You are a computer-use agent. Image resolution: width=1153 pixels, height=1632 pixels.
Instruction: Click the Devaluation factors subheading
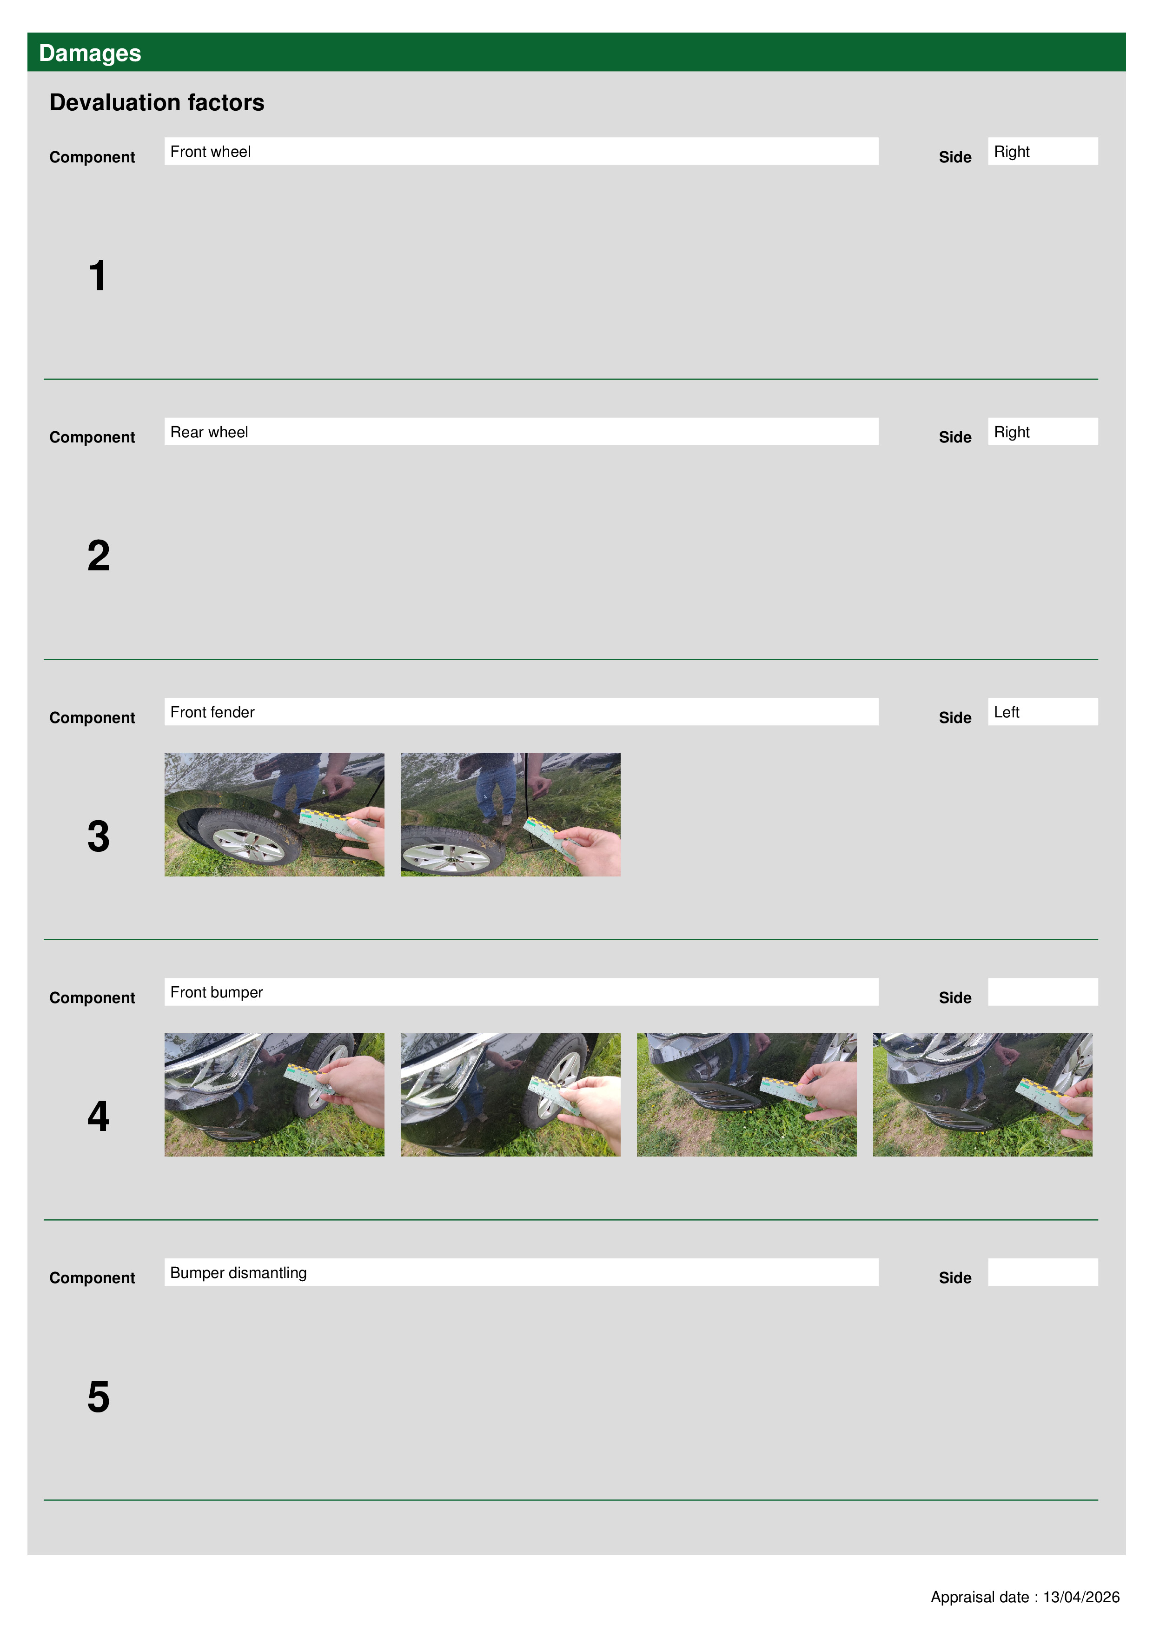157,102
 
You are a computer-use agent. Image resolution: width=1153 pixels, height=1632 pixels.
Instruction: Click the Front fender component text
212,712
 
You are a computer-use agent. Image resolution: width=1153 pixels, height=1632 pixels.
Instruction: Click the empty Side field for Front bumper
1042,991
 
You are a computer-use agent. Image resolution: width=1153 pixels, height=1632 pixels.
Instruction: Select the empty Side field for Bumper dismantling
1042,1271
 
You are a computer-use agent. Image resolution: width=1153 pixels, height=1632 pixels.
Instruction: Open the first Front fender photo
274,815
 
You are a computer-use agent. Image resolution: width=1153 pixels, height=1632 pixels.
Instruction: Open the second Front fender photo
510,815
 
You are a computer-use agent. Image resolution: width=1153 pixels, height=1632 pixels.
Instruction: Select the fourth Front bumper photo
982,1095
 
